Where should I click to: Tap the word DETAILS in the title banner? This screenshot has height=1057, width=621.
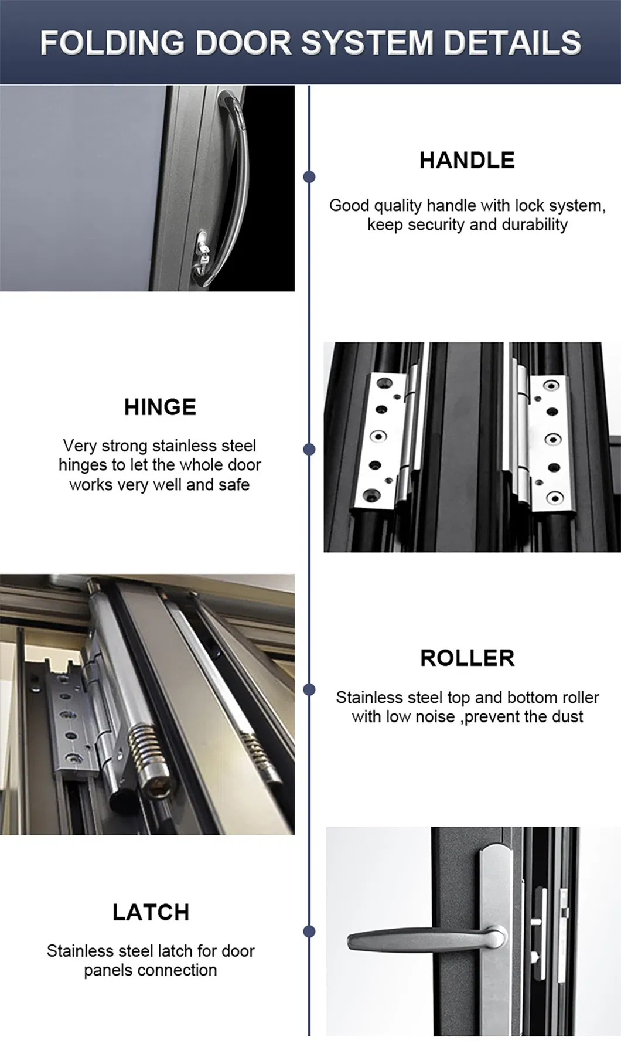(x=512, y=43)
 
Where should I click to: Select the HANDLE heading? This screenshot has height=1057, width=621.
(x=467, y=160)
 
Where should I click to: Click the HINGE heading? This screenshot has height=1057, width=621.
(x=160, y=407)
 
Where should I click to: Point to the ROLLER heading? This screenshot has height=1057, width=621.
(x=467, y=658)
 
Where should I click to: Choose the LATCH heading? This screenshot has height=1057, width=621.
(x=151, y=912)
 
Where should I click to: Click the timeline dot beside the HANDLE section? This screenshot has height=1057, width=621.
(x=309, y=176)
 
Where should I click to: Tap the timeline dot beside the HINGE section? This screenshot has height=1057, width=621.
(x=309, y=449)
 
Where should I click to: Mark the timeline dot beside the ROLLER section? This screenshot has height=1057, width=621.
(x=309, y=689)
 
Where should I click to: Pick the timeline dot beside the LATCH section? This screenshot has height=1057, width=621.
(x=309, y=931)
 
